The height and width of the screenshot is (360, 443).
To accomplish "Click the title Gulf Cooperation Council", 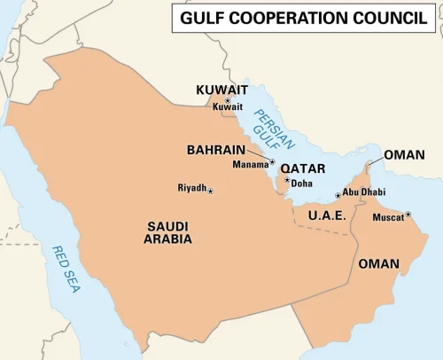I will pos(304,18).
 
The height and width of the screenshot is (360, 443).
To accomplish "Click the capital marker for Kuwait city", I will pos(228,101).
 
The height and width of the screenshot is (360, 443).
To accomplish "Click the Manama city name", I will pos(250,165).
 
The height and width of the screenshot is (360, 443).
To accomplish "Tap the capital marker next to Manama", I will pos(272,162).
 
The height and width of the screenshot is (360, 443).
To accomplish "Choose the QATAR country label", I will pos(303,168).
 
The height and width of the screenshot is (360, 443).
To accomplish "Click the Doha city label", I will pos(302,184).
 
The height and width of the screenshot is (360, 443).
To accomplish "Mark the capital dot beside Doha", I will pos(287,181).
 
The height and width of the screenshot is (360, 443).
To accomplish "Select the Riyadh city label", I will pos(191,188).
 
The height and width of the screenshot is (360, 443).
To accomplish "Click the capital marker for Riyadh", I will pos(211,191).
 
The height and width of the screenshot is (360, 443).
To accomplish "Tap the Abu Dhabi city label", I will pos(363,192).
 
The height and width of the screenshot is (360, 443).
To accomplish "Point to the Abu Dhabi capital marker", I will pos(338,195).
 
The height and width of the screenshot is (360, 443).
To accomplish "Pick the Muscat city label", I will pos(388,217).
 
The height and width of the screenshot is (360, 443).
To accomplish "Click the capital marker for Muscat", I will pos(408,214).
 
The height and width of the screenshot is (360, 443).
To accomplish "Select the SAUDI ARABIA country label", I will pos(168,232).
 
